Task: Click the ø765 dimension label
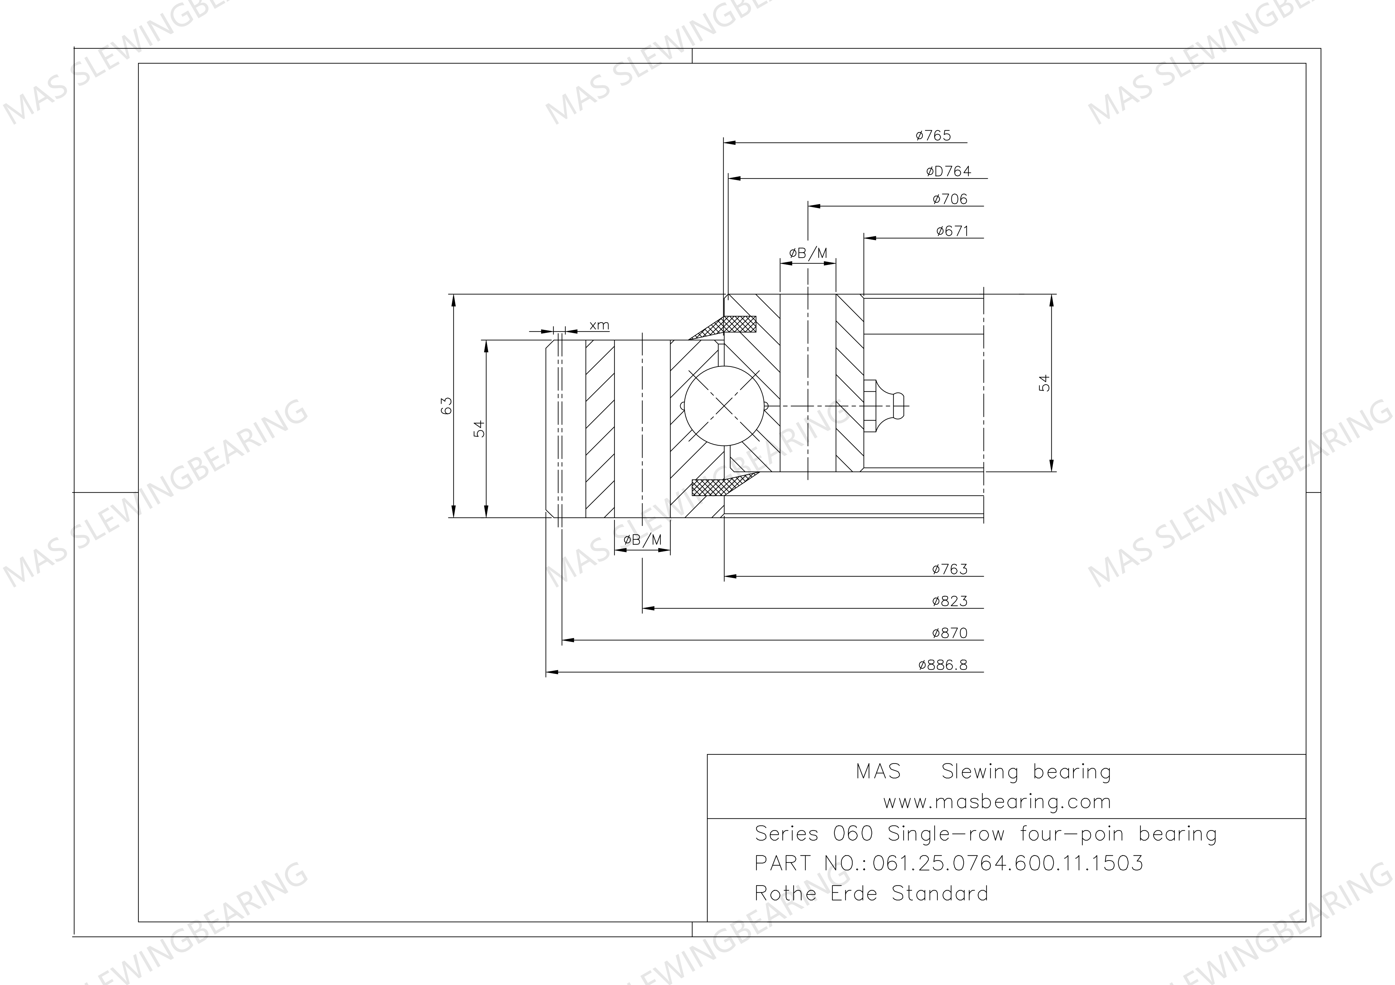[x=933, y=135]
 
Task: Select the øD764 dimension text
[x=948, y=171]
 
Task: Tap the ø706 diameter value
[x=950, y=199]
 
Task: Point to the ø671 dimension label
[x=952, y=231]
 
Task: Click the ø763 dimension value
[x=950, y=569]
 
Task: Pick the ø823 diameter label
[x=950, y=601]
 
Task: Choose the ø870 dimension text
[x=950, y=633]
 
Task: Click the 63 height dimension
[x=447, y=406]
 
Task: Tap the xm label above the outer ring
[x=599, y=325]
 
